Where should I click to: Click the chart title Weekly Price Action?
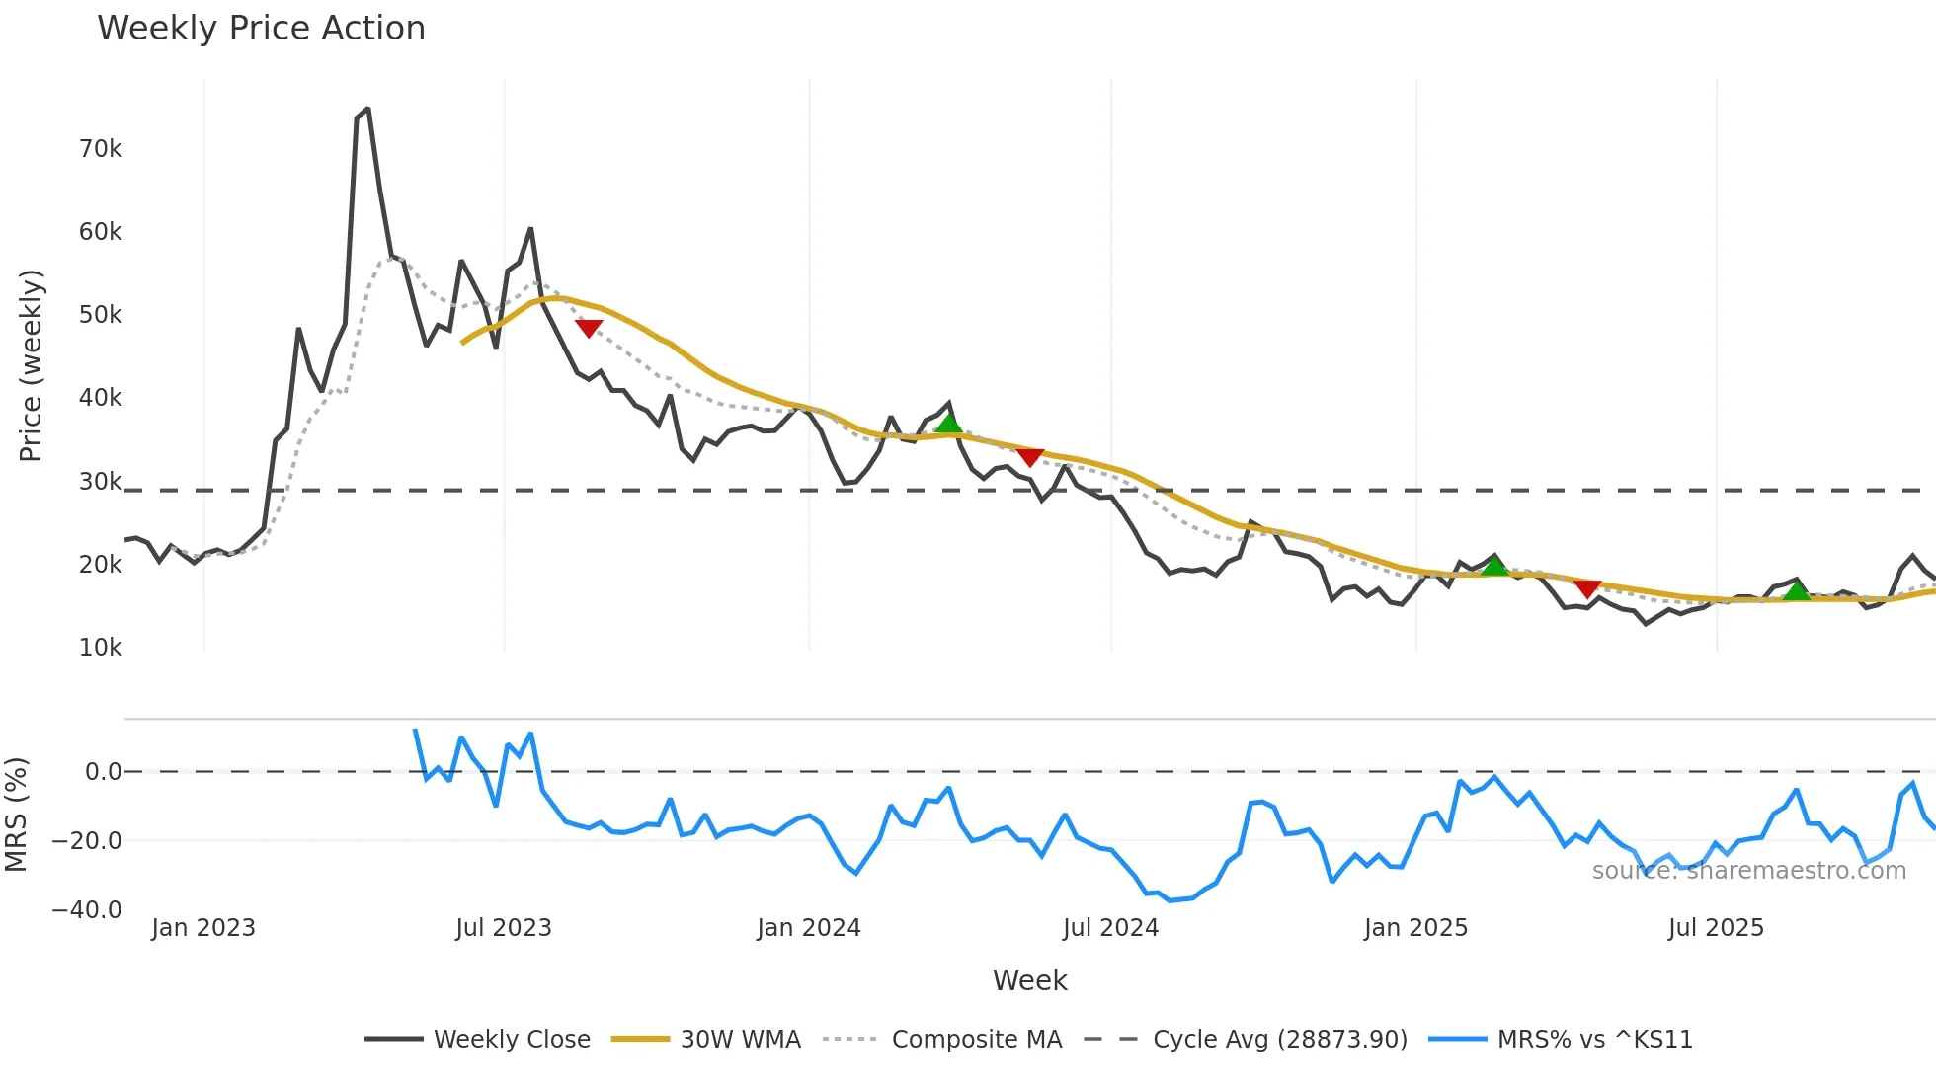(261, 29)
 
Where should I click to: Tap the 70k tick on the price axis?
(100, 149)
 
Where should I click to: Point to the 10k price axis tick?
(100, 648)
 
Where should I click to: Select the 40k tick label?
(100, 398)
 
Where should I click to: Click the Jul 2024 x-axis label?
(1110, 928)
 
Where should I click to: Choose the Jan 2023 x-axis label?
(203, 928)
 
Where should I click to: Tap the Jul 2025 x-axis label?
(1716, 928)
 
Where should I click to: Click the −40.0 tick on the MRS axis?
(87, 909)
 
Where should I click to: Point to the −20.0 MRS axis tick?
(87, 841)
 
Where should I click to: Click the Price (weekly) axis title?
(31, 365)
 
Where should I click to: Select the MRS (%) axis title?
(17, 815)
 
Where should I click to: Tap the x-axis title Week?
(1029, 980)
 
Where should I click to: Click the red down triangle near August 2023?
(589, 328)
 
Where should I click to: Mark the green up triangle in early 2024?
(948, 424)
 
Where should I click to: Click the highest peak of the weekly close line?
(367, 109)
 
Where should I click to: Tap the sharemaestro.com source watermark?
(1748, 871)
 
